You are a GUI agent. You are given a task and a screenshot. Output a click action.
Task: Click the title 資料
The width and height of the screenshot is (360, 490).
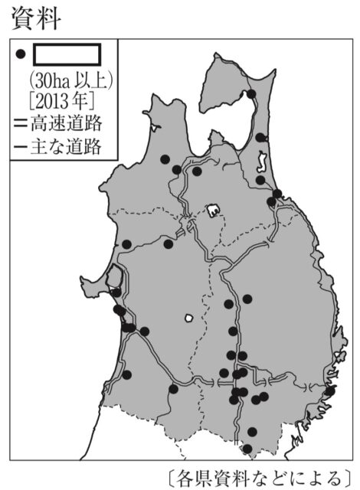38,18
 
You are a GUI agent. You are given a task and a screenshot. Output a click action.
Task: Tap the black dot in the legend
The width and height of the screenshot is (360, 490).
21,54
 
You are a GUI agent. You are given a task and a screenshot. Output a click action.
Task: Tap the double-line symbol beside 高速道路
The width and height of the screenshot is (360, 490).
19,122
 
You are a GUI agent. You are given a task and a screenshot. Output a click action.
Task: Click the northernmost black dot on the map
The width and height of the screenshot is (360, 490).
251,94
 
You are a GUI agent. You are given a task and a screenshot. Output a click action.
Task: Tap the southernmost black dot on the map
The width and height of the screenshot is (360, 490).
247,449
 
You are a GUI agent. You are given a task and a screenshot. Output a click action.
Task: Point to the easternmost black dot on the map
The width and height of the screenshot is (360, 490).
330,391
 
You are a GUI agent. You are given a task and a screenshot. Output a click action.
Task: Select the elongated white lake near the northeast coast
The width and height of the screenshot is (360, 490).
260,162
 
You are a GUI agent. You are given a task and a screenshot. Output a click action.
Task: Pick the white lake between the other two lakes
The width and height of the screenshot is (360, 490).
212,207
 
